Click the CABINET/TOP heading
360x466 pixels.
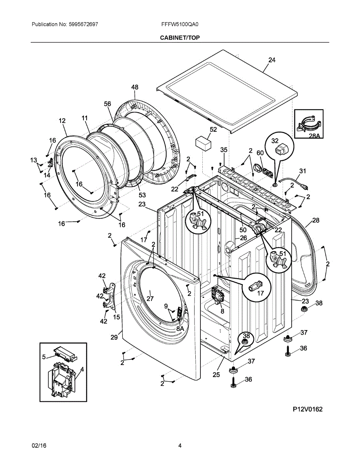tap(180, 38)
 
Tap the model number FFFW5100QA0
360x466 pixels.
tap(180, 24)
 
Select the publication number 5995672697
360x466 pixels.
tap(83, 24)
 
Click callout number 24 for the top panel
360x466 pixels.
tap(272, 60)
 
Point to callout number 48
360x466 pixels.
tap(135, 87)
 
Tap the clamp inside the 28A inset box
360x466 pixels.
tap(308, 123)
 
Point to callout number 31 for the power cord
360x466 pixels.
tap(303, 171)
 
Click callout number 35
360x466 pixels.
tap(224, 150)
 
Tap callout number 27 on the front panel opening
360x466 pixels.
tap(150, 299)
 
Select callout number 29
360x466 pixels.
tap(114, 337)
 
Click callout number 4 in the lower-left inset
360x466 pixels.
tap(82, 369)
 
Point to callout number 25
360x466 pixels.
tap(216, 374)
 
